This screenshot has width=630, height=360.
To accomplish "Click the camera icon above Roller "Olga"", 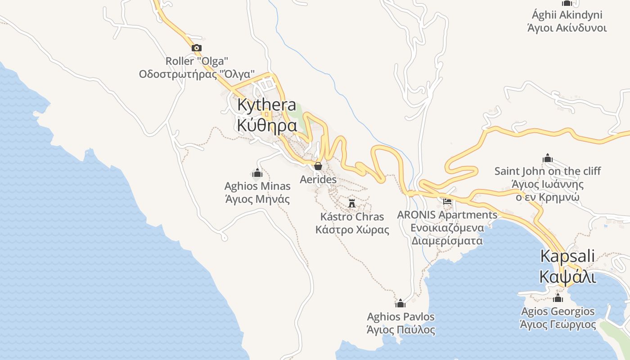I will point(196,48).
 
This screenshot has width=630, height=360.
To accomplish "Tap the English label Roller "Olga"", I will point(197,61).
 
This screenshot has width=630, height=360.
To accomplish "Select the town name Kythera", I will point(266,105).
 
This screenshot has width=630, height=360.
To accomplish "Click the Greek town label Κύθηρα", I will point(266,126).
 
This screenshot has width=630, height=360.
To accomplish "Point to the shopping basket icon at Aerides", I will point(318,166).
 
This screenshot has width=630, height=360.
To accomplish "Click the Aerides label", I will point(318,180).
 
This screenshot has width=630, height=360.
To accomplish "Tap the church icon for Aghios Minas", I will point(257,173).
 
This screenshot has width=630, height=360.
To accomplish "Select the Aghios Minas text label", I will point(257,186).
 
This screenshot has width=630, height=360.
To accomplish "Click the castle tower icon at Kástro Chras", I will point(352,203).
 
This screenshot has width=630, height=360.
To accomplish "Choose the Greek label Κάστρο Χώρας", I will point(352,230).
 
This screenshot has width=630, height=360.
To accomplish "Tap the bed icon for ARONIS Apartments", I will point(447,202).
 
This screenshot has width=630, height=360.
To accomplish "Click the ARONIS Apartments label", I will point(447,215).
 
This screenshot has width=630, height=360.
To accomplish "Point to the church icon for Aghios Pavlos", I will point(400,303).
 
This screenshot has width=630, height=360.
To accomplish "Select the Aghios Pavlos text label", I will point(400,317).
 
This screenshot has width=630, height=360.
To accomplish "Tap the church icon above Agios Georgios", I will point(558,298).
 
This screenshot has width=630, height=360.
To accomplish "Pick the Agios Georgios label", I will point(558,311).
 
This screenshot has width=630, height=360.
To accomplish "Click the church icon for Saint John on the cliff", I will point(548,158).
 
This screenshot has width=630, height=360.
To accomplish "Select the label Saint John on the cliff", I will point(548,171).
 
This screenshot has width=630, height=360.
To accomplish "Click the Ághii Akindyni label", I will point(567,15).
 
